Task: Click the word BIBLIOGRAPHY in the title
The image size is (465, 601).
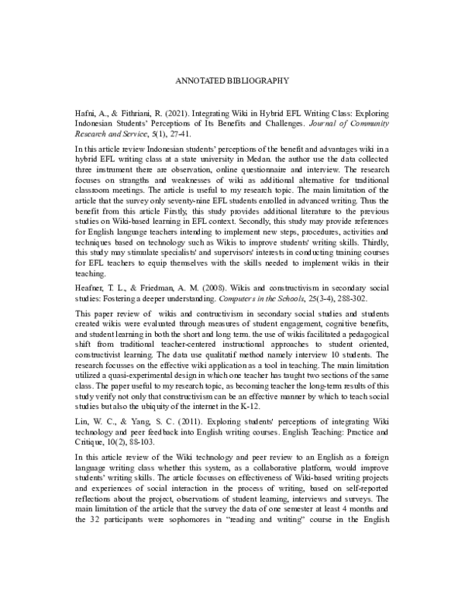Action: click(258, 79)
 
